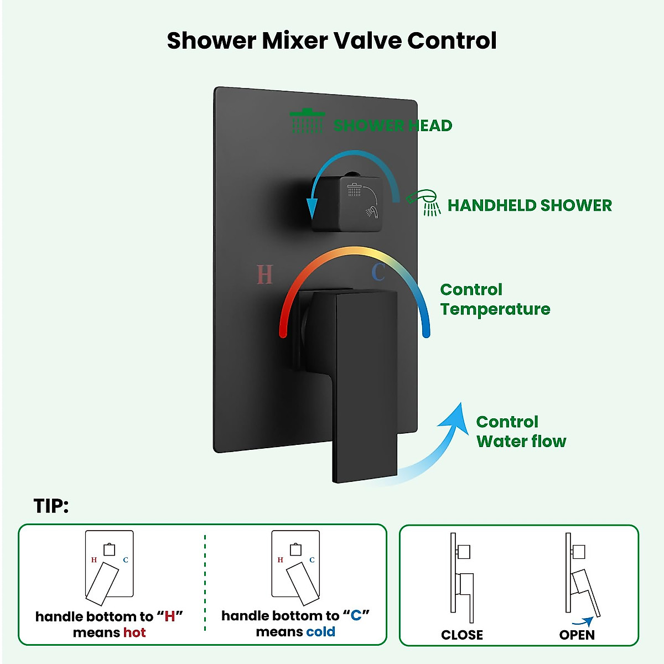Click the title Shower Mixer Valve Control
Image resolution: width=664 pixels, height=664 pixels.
(x=331, y=40)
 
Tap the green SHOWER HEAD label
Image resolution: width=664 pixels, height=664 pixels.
(x=393, y=126)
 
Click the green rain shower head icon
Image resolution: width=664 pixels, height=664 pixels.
(x=307, y=121)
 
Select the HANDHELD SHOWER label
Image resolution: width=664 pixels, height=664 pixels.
(x=530, y=205)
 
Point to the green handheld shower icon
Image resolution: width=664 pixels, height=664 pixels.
(x=424, y=203)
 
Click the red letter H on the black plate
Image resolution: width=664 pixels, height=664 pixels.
(x=264, y=274)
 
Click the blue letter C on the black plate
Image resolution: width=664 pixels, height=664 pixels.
(x=378, y=272)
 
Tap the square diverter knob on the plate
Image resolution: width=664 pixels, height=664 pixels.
(x=347, y=203)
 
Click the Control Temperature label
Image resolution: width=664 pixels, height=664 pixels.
(x=495, y=299)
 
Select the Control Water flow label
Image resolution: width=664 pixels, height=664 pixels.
(x=521, y=432)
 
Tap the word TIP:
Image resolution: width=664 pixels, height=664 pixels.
(x=51, y=506)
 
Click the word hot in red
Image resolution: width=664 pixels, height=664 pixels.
(x=134, y=632)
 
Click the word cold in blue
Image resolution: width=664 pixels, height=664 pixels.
(x=320, y=632)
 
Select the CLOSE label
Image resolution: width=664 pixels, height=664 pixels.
(x=461, y=635)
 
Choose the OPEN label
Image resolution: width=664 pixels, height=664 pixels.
(x=577, y=635)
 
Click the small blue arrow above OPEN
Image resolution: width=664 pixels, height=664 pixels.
(x=583, y=621)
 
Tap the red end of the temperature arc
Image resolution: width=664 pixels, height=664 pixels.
(x=283, y=334)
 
